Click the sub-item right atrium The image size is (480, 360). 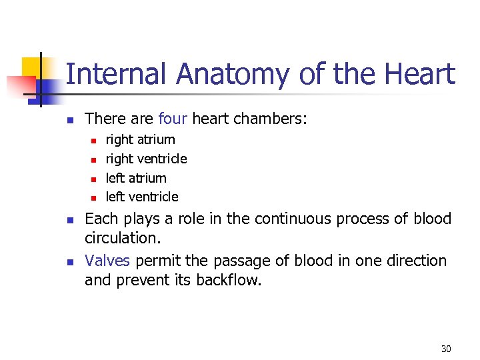[x=140, y=140]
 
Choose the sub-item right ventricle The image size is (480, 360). [x=146, y=159]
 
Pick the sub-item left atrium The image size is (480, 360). [x=136, y=178]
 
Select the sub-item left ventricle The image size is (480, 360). [x=142, y=197]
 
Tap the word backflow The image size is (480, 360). [x=229, y=280]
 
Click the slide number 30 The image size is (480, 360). [x=446, y=349]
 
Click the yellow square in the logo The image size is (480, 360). [x=32, y=67]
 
